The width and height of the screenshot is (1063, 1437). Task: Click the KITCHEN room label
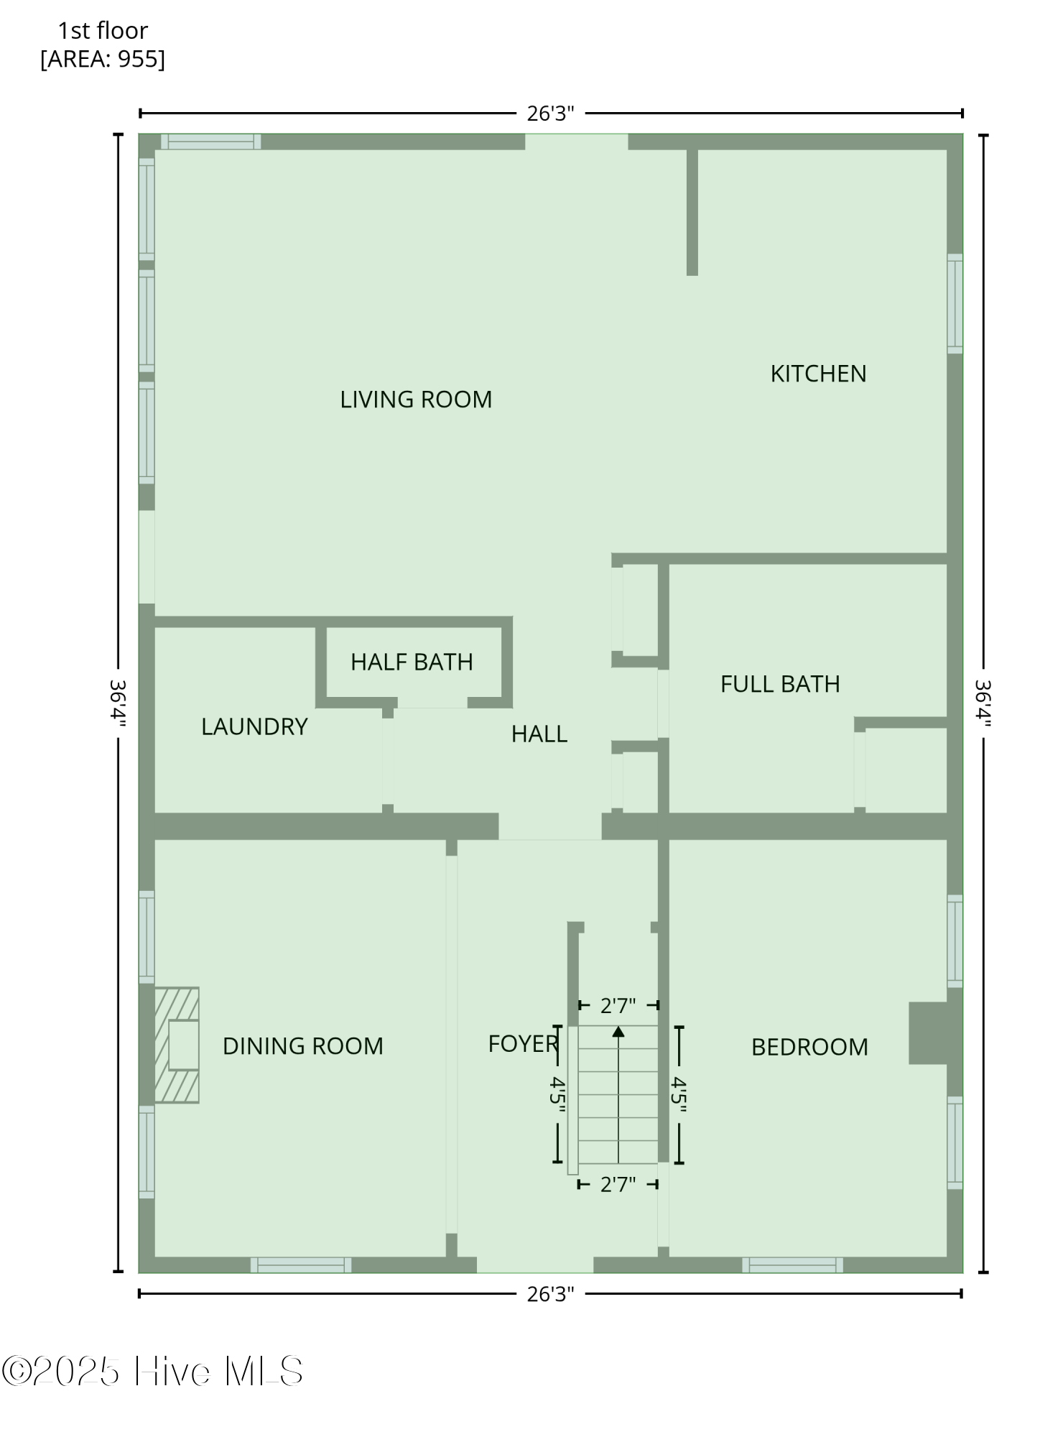point(818,374)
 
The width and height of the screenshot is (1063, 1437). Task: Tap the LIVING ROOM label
point(416,399)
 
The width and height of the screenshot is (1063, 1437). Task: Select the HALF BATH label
point(412,662)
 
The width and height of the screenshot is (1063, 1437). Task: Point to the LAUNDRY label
point(254,726)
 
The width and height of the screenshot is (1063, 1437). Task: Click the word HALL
point(539,734)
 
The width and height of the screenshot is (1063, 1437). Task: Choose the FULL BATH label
point(780,684)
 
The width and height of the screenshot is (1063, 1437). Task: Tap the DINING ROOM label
point(302,1046)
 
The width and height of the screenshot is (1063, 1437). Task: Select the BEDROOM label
point(809,1047)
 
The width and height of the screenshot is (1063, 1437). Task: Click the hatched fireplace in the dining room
point(177,1045)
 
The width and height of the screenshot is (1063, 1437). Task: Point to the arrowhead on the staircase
point(618,1032)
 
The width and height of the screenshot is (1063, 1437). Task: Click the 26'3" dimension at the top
point(550,114)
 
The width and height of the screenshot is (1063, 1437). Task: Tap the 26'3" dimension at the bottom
point(550,1294)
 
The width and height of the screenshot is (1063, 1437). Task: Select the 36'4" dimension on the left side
point(118,703)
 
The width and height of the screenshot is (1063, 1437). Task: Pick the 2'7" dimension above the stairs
point(618,1006)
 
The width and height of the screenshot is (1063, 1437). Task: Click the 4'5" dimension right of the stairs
point(679,1094)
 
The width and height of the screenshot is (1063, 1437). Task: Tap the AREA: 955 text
point(103,59)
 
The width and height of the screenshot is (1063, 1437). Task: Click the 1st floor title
point(103,30)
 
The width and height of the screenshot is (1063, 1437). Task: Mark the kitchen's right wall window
point(955,303)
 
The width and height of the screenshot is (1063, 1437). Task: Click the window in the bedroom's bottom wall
point(792,1265)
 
